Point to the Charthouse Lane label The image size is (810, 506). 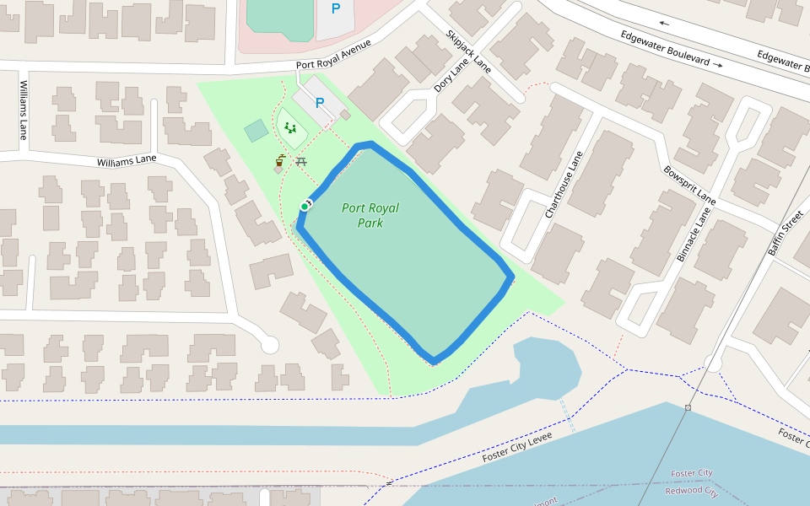[564, 186]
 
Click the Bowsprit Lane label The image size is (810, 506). [689, 184]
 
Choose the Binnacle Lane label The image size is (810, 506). [694, 229]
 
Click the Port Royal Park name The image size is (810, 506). [370, 215]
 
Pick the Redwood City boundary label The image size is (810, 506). [690, 490]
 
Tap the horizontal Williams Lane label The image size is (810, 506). [127, 160]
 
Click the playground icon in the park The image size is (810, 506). [290, 128]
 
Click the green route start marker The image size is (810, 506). [305, 206]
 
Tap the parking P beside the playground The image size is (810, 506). [320, 103]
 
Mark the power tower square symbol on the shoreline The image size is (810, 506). [688, 408]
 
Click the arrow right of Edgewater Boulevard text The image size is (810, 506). [718, 64]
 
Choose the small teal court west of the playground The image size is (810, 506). [256, 131]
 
